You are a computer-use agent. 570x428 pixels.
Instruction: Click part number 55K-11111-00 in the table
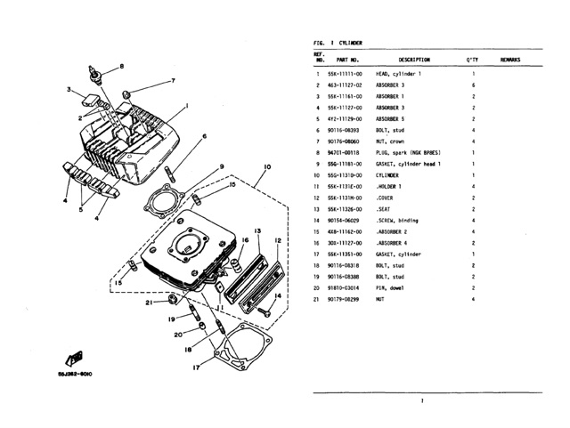point(345,73)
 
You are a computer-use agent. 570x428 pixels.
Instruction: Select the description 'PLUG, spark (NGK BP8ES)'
point(409,152)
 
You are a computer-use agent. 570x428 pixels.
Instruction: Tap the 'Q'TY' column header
point(473,60)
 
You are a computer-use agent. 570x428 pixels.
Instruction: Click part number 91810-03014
point(345,288)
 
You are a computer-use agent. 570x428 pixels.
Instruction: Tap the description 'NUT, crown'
point(392,141)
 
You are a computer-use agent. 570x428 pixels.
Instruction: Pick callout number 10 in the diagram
point(268,167)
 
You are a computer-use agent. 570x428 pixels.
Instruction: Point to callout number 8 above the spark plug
point(122,66)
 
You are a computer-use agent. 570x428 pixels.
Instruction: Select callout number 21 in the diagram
point(149,303)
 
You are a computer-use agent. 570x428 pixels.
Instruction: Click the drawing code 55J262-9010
point(75,375)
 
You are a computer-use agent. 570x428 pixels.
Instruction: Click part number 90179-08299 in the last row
point(345,300)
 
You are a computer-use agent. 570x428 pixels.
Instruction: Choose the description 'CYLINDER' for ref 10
point(390,175)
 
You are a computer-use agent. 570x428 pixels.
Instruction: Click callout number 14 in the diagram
point(278,295)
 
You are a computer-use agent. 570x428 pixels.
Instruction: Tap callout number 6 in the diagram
point(204,136)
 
